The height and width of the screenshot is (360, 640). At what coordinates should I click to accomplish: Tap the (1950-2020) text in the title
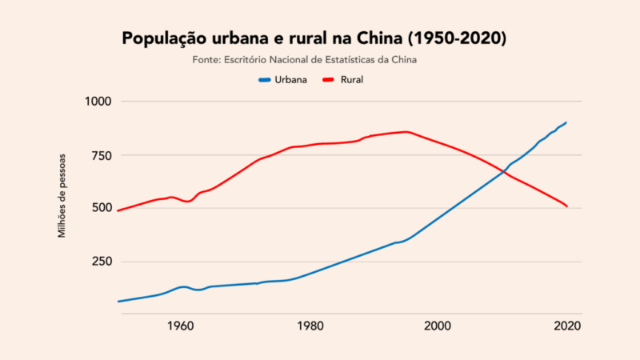click(458, 38)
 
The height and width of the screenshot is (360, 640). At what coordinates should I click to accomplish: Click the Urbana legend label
click(291, 80)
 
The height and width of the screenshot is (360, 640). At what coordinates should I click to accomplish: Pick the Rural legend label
click(352, 80)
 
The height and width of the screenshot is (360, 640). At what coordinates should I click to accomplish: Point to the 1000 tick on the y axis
click(100, 102)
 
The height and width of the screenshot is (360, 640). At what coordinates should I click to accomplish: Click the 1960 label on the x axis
click(181, 326)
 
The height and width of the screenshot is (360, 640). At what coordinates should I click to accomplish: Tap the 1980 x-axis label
click(310, 326)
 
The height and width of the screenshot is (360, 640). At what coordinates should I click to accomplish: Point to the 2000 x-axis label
click(438, 326)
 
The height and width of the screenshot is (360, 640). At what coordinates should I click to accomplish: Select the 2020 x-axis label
click(566, 326)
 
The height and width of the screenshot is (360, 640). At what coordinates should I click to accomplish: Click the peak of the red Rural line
click(406, 131)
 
